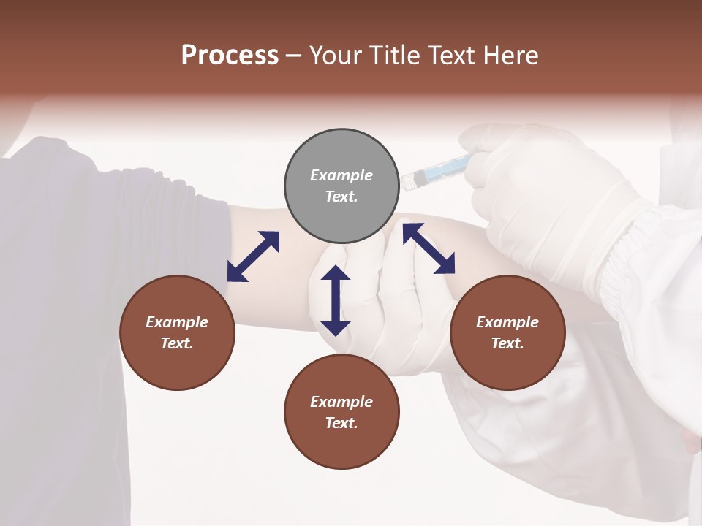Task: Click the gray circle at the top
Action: tap(341, 186)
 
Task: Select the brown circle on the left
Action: tap(177, 332)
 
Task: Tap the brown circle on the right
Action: tap(507, 332)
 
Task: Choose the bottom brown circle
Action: tap(341, 412)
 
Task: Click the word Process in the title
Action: tap(230, 56)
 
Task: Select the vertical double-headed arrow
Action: tap(336, 300)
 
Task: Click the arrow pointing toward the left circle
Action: tap(253, 256)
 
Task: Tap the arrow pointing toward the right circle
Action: tap(429, 248)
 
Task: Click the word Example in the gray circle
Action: tap(341, 175)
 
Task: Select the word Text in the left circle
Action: tap(177, 343)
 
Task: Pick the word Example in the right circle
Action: tap(507, 322)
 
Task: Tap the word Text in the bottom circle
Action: tap(341, 423)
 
